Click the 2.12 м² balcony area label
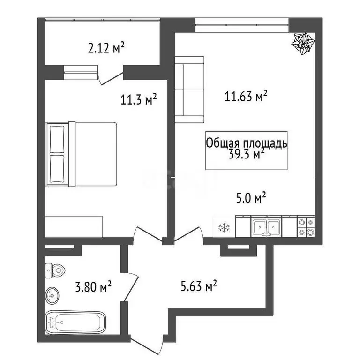point(106,48)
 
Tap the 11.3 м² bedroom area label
point(138,99)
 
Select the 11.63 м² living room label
point(246,96)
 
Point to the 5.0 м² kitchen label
point(251,198)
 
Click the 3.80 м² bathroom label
point(93,286)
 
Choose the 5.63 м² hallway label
point(199,285)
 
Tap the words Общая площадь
point(247,143)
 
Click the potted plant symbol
point(303,44)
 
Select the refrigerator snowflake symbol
point(224,227)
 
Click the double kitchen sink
point(266,227)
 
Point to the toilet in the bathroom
point(55,270)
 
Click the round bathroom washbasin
point(52,296)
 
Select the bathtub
point(75,322)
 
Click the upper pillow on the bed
point(57,139)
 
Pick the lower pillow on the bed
point(57,169)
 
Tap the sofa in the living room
point(189,90)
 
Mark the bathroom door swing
point(129,287)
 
